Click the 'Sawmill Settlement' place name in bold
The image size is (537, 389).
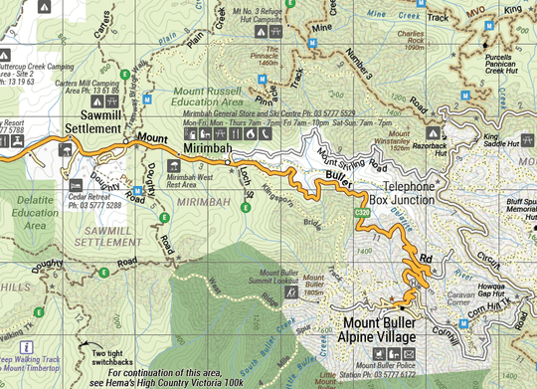pyautogui.click(x=93, y=122)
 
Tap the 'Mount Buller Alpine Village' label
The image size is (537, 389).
pyautogui.click(x=379, y=330)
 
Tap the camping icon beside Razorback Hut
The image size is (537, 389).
pyautogui.click(x=434, y=130)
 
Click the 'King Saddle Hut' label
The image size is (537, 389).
pyautogui.click(x=502, y=141)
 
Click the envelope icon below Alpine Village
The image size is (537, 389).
pyautogui.click(x=410, y=354)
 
